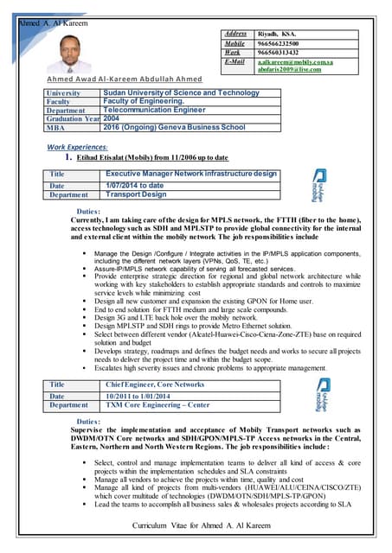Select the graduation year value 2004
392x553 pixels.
click(112, 118)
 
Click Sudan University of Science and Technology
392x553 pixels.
click(180, 92)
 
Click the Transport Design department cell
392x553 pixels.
click(136, 194)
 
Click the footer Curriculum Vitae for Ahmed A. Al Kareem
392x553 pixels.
click(195, 526)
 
